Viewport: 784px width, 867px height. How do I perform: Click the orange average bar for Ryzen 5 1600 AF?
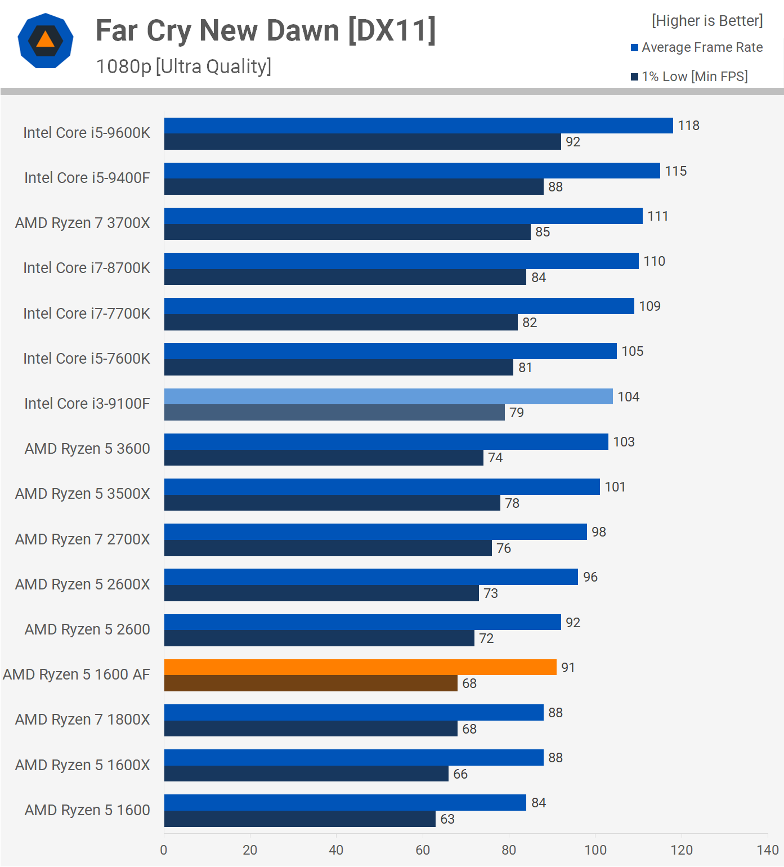click(360, 667)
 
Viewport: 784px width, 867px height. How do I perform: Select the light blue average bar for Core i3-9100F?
click(388, 396)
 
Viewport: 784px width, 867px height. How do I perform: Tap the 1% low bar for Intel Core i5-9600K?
click(362, 142)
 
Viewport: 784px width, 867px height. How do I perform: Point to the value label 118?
click(688, 126)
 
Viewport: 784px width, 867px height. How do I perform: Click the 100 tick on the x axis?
click(595, 850)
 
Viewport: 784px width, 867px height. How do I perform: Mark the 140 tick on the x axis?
click(768, 850)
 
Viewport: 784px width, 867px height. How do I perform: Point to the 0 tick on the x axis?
click(164, 850)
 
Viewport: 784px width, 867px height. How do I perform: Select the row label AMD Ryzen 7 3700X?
click(83, 223)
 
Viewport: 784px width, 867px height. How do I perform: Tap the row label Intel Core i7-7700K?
click(87, 314)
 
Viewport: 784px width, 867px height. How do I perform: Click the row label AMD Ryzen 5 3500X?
click(83, 494)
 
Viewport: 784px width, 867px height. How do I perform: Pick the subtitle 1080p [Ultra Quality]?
click(183, 66)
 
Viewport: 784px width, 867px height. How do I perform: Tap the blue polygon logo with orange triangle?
click(46, 41)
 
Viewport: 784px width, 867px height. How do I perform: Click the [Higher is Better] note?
click(707, 21)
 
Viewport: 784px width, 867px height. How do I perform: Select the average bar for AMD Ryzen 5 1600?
click(345, 802)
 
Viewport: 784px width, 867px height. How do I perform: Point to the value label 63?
click(447, 819)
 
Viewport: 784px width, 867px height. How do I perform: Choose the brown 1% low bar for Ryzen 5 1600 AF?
click(311, 683)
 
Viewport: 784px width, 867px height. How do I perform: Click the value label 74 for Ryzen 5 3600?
click(495, 458)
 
